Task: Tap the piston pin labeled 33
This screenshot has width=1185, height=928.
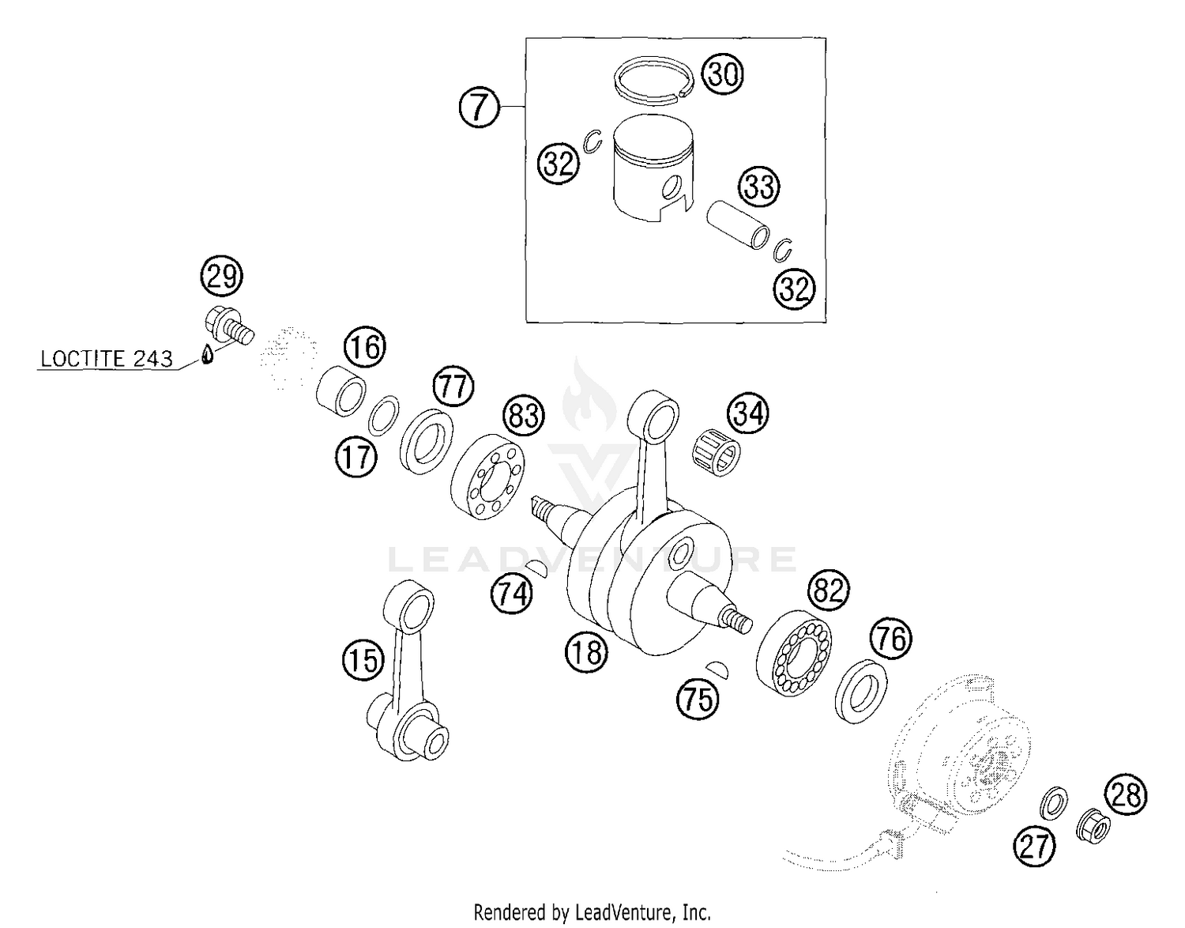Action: [738, 224]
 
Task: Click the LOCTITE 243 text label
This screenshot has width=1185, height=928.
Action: [106, 359]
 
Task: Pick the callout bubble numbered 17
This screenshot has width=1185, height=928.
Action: [355, 456]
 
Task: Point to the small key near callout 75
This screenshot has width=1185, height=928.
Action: [720, 668]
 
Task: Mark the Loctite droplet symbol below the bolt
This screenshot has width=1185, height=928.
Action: [207, 354]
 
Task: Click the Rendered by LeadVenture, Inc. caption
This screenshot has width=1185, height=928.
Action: [592, 912]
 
